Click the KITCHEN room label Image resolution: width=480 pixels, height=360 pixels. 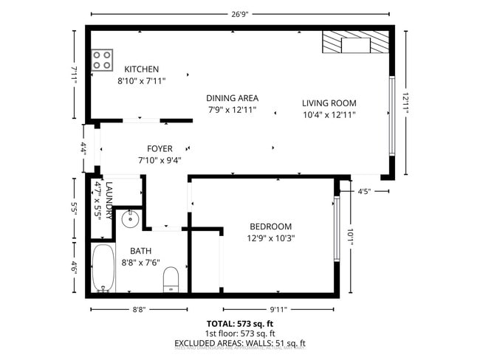pos(141,69)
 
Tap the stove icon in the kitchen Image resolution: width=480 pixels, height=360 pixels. pos(102,60)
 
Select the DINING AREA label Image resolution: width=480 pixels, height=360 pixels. pos(233,97)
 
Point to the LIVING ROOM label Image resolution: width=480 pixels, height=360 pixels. pos(329,103)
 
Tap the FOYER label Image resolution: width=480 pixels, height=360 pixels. pos(159,148)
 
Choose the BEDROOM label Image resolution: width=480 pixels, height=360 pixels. pos(270,226)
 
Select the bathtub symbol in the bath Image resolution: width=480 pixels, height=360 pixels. pos(103,269)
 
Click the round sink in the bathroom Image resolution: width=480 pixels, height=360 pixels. pos(129,218)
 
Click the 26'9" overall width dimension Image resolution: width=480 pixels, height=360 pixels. pos(240,13)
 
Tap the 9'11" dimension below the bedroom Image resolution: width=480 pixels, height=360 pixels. pos(278,310)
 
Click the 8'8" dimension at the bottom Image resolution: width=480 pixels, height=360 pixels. pos(137,310)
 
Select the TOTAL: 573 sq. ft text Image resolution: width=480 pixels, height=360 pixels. pos(240,324)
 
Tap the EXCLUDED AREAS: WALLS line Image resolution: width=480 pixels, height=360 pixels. pos(240,343)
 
